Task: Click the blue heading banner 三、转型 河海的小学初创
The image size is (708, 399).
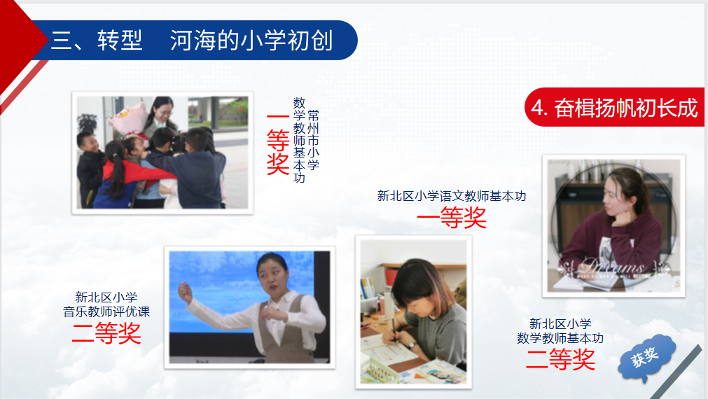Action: [194, 40]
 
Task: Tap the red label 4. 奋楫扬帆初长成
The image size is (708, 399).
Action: [614, 107]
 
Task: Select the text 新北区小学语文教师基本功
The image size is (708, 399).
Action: [452, 196]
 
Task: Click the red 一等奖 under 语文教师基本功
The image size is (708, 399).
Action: [452, 218]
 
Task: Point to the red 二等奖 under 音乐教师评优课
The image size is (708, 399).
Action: [106, 334]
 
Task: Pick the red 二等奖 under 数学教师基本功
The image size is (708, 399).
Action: [560, 360]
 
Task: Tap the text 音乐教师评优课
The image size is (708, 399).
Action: [106, 311]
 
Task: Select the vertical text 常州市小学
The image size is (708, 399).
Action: [313, 140]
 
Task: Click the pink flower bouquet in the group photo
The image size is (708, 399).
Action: [129, 120]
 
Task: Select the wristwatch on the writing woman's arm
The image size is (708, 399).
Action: [411, 345]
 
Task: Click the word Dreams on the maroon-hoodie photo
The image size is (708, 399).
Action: [613, 266]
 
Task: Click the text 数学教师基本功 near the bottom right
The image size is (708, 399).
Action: [560, 338]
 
